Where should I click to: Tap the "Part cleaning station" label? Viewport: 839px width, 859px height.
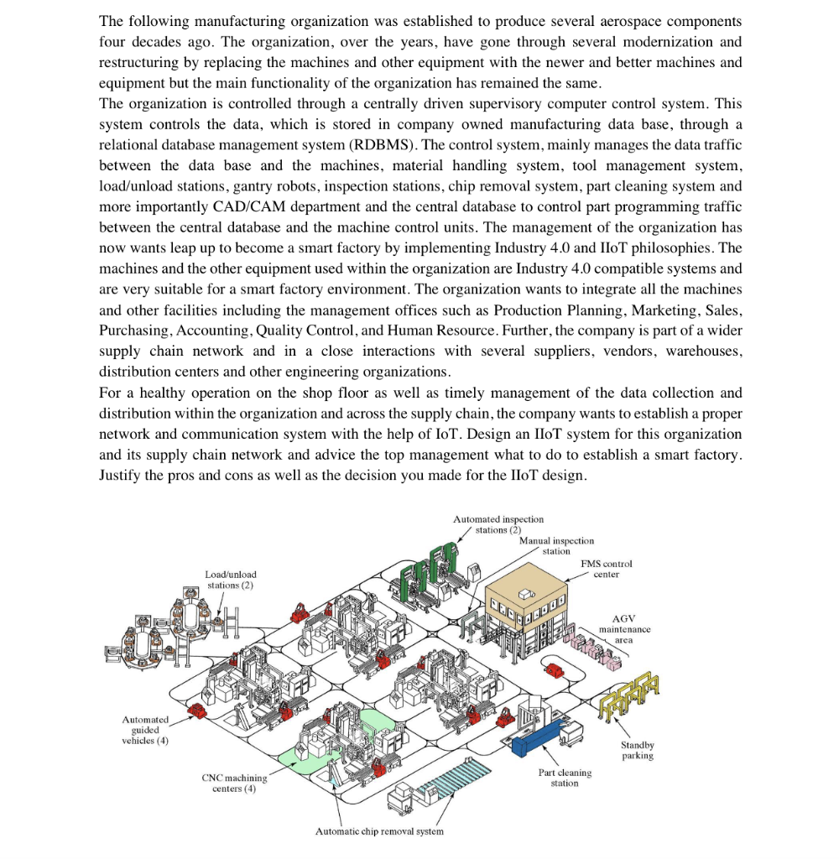click(x=565, y=777)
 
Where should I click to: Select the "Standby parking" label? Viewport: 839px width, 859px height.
click(x=638, y=750)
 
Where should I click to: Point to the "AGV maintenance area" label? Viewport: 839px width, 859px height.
click(x=624, y=628)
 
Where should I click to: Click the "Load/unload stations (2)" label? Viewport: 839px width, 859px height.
click(x=231, y=579)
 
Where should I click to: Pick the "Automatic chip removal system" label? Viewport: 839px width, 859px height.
click(x=379, y=831)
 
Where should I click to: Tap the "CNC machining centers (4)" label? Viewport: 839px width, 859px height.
click(x=234, y=783)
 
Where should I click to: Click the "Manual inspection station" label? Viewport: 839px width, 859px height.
click(x=556, y=546)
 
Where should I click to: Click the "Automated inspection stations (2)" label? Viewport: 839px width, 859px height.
click(x=498, y=524)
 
